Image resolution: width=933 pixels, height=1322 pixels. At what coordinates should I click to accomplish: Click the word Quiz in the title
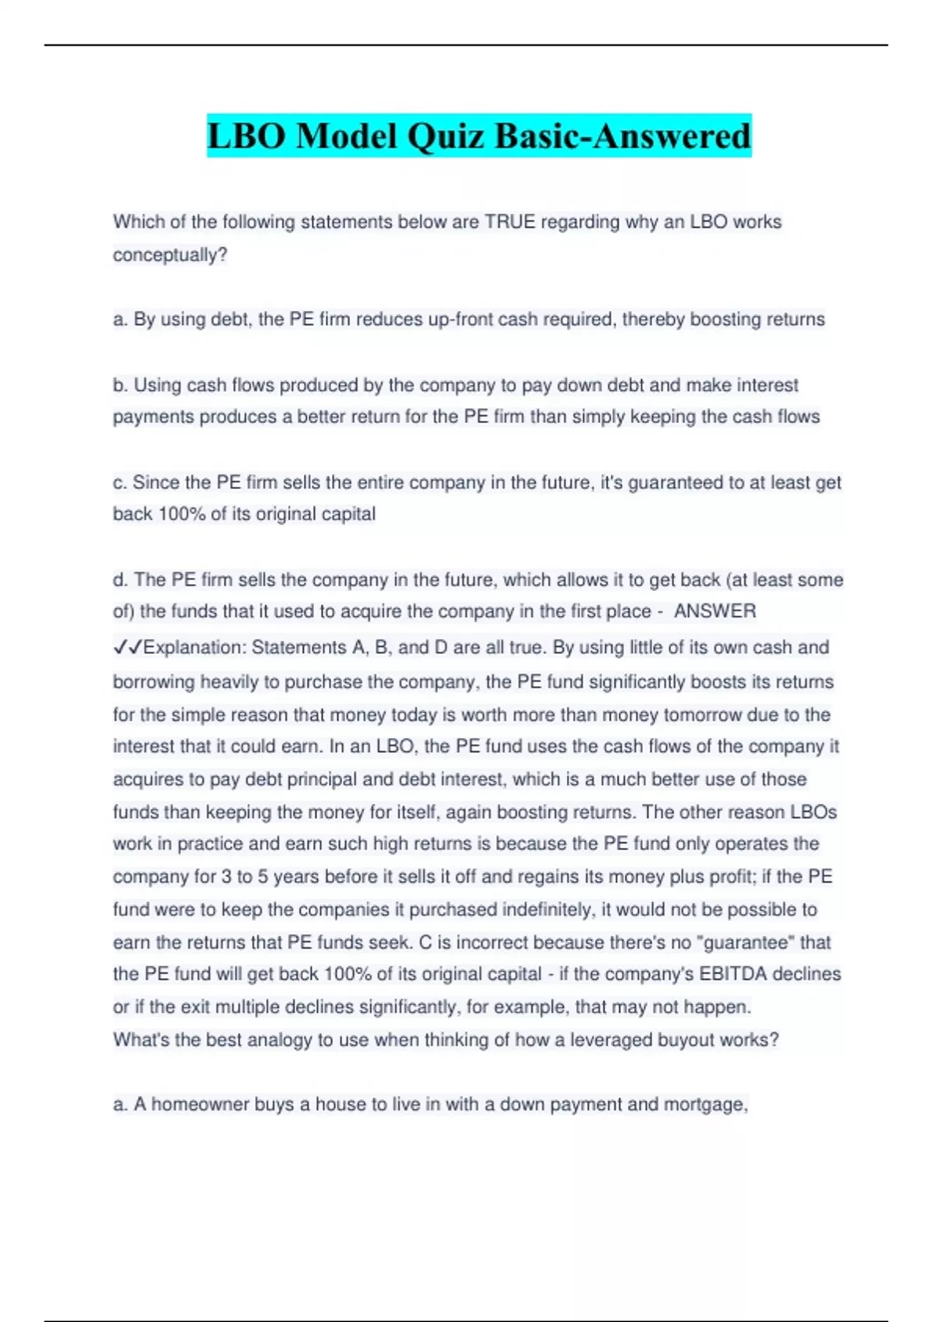tap(446, 136)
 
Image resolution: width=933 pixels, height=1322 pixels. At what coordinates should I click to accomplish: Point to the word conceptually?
tap(169, 255)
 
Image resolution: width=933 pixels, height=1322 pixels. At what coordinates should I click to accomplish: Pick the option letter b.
tap(119, 385)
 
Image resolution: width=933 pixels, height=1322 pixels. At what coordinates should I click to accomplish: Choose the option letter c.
tap(119, 483)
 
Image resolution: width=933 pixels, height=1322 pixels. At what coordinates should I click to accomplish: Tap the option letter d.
tap(119, 580)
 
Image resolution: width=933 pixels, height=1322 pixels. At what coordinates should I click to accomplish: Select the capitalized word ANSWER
tap(715, 612)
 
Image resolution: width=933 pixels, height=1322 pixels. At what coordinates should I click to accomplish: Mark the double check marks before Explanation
tap(128, 648)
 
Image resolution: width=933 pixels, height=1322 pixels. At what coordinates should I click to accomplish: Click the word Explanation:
tap(194, 648)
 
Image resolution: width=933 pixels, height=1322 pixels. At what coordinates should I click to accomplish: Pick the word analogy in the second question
tap(280, 1040)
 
